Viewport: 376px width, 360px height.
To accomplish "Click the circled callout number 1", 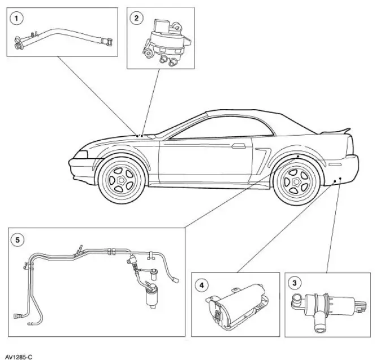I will point(18,18).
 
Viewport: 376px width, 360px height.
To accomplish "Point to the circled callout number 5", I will point(18,239).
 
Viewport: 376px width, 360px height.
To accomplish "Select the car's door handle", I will point(237,146).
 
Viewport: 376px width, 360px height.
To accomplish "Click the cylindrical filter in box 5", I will point(151,297).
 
